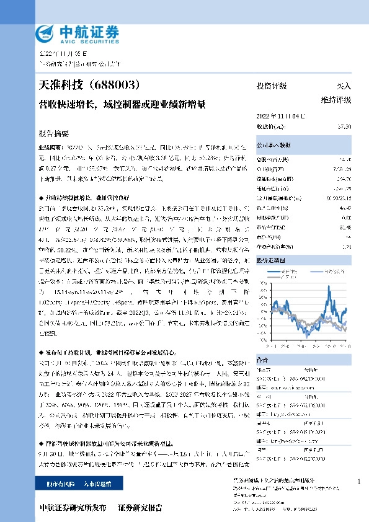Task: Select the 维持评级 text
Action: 336,99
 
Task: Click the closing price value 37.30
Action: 344,126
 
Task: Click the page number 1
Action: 359,482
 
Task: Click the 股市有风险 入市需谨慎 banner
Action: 78,482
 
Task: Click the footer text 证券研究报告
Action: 140,508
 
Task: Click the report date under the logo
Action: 56,54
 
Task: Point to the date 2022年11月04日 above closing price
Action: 280,116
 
